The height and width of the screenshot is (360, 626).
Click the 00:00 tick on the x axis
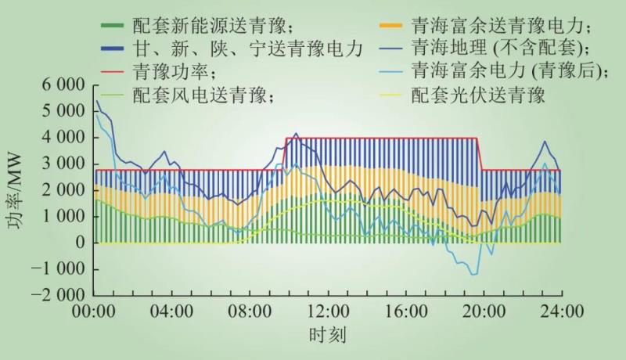95,311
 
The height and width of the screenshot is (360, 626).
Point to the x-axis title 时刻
327,335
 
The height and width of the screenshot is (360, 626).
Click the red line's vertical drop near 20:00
480,154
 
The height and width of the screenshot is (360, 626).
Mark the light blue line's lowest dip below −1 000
473,275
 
